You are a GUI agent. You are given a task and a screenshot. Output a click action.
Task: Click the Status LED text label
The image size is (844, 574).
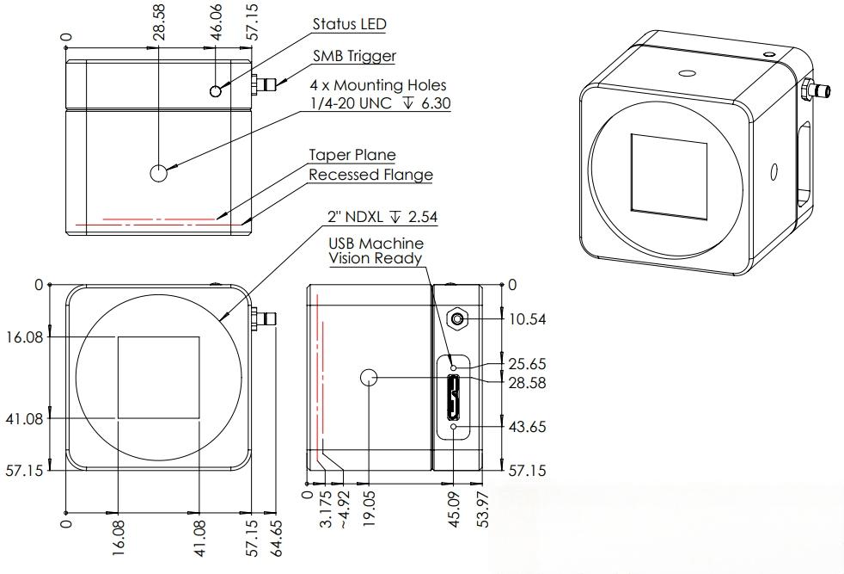pos(349,24)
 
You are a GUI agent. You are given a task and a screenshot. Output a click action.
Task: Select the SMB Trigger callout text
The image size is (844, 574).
pos(354,56)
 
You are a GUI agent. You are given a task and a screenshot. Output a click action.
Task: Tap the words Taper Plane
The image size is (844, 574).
pos(352,155)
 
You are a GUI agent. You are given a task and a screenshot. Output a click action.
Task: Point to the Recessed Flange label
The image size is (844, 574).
pos(371,175)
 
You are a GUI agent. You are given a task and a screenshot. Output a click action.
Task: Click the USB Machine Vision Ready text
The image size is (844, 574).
pos(376,250)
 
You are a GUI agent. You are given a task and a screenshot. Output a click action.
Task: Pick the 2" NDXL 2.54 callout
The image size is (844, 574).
pos(382,217)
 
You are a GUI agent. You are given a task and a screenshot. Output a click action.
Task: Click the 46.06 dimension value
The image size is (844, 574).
pos(217,22)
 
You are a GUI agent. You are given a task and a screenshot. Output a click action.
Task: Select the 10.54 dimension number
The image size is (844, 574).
pos(528,319)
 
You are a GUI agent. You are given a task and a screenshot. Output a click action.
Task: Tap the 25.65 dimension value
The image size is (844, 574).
pos(528,364)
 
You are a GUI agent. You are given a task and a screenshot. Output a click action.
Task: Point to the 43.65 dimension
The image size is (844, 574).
pos(528,426)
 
